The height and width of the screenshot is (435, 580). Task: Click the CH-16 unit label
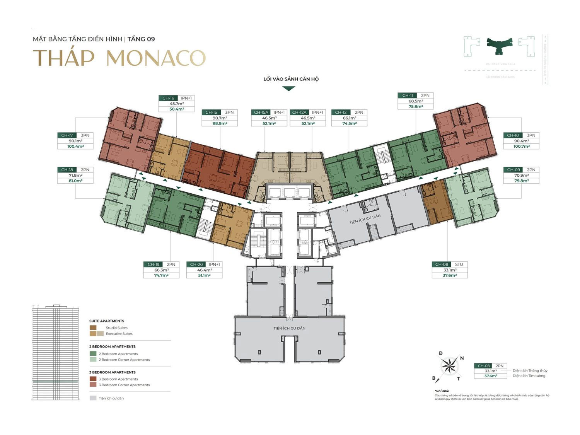[x=168, y=98]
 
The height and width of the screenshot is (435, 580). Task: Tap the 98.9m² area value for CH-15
[x=219, y=123]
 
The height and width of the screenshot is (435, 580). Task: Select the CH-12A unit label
[x=299, y=113]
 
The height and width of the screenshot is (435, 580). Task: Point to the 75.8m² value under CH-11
[x=416, y=106]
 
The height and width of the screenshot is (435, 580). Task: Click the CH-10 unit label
[x=513, y=135]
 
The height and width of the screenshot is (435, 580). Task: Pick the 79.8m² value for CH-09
[x=521, y=181]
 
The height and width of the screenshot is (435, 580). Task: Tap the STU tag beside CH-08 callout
[x=459, y=264]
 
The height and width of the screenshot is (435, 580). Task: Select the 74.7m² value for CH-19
[x=161, y=275]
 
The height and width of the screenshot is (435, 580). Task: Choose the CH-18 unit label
[x=67, y=170]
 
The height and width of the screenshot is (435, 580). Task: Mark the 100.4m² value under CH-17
[x=75, y=146]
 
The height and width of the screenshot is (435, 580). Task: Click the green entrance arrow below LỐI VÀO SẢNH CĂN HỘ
[x=289, y=89]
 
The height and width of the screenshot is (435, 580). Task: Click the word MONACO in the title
[x=156, y=58]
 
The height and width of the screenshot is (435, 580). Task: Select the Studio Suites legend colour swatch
[x=93, y=328]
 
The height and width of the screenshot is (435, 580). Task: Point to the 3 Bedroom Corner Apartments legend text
[x=124, y=385]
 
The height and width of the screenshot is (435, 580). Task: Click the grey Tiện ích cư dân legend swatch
[x=93, y=398]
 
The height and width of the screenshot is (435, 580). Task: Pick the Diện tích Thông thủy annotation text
[x=530, y=371]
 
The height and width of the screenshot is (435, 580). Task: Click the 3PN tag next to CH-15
[x=229, y=113]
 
